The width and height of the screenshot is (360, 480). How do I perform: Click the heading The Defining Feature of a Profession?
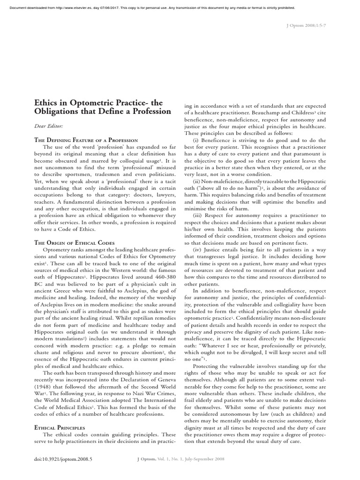click(86, 140)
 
